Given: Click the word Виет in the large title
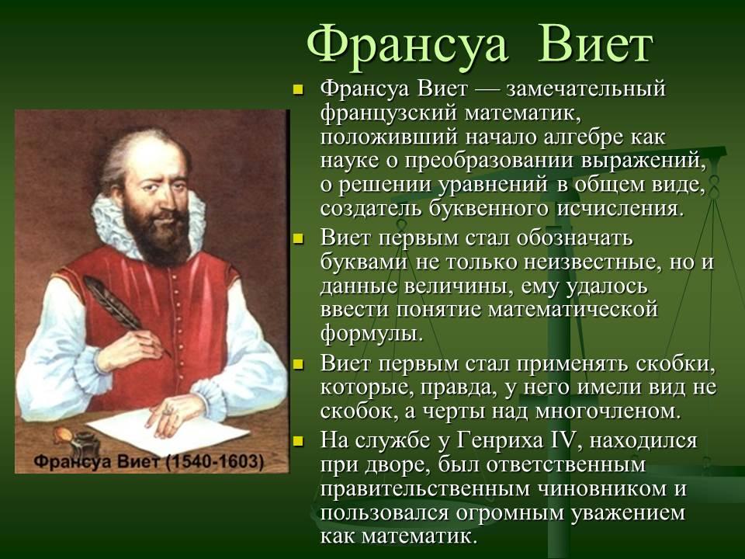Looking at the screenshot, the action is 596,45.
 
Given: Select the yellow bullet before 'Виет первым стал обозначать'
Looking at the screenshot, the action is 298,238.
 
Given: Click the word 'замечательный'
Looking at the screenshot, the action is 586,89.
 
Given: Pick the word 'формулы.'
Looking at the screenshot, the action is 372,333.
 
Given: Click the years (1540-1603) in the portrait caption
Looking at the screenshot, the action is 214,460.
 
